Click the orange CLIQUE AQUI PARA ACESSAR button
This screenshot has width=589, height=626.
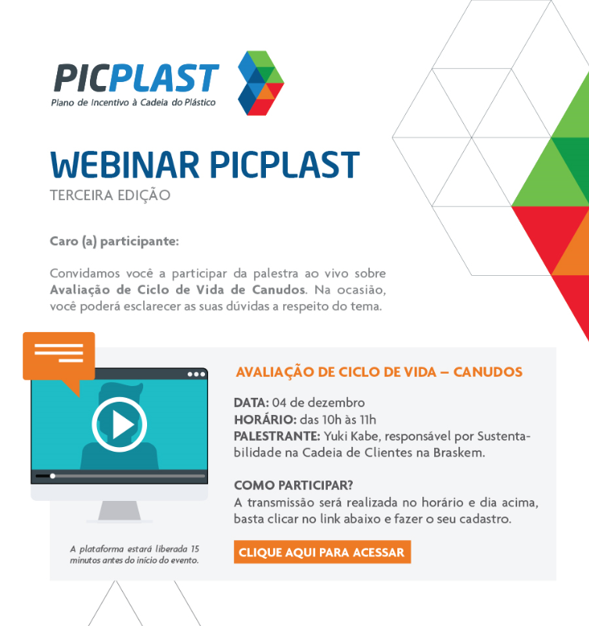tap(322, 552)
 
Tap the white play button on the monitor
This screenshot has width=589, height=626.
tap(120, 424)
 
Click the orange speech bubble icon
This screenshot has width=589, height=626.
tap(59, 360)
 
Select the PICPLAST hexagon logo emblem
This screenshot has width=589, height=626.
tap(260, 83)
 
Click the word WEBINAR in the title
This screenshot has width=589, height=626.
tap(124, 165)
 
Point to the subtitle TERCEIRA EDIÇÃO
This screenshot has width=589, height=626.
tap(110, 195)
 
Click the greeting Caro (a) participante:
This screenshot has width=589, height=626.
tap(114, 241)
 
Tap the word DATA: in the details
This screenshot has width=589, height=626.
tap(251, 402)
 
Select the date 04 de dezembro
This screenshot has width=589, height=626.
tap(318, 402)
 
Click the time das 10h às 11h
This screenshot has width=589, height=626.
tap(338, 420)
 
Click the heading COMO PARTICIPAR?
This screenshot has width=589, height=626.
tap(293, 485)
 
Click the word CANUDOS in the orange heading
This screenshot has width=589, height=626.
tap(487, 372)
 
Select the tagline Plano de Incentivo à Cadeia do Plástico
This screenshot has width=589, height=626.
tap(134, 102)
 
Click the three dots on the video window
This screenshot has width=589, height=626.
tap(196, 374)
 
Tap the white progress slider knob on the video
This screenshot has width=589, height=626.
tap(52, 476)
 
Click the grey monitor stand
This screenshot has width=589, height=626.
tap(120, 511)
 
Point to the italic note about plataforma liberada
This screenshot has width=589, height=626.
tap(135, 555)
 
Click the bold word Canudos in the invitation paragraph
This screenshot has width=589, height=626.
tap(279, 290)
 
